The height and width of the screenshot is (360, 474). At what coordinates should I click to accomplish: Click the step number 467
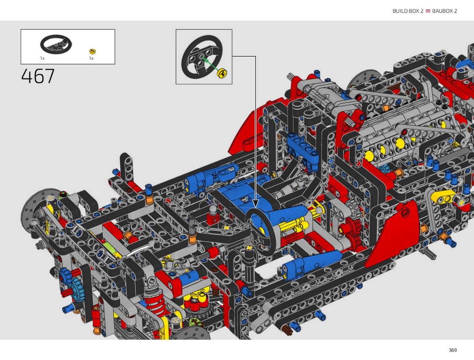pyautogui.click(x=38, y=76)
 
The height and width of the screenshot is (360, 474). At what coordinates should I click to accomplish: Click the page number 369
pyautogui.click(x=453, y=350)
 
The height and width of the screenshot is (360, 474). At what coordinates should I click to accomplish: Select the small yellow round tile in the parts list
pyautogui.click(x=93, y=51)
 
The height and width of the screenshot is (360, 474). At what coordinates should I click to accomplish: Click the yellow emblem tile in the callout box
pyautogui.click(x=222, y=73)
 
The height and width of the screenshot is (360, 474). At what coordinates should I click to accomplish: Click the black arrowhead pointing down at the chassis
pyautogui.click(x=256, y=203)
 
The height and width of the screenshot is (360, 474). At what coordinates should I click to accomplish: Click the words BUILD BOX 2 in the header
pyautogui.click(x=408, y=11)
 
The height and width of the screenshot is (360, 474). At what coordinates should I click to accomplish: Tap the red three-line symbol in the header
pyautogui.click(x=428, y=11)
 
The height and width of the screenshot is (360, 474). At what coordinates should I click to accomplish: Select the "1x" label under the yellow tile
pyautogui.click(x=91, y=58)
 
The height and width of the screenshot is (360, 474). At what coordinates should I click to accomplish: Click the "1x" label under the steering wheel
pyautogui.click(x=42, y=58)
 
